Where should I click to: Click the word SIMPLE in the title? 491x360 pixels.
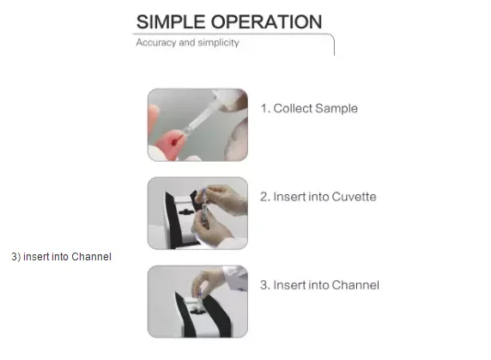click(x=171, y=22)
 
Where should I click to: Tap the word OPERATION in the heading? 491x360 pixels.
click(x=266, y=22)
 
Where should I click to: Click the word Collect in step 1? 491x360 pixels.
click(x=293, y=108)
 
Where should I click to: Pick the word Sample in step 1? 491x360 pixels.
click(x=336, y=109)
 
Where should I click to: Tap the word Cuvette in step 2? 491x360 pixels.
click(x=354, y=197)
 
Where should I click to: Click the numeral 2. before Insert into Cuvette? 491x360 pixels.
click(x=265, y=197)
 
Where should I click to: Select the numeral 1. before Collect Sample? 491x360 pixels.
click(x=265, y=108)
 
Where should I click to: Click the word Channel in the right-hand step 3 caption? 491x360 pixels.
click(x=355, y=285)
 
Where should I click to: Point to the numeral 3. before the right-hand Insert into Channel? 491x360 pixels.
click(x=265, y=285)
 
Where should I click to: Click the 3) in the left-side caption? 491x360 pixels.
click(x=16, y=257)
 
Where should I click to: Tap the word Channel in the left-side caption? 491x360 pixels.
click(x=91, y=257)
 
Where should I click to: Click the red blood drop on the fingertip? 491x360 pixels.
click(x=174, y=143)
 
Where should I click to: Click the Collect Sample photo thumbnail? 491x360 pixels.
click(x=197, y=125)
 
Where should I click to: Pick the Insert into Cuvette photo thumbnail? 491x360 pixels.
click(x=197, y=213)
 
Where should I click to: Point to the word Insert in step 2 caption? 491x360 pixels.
click(x=289, y=197)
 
